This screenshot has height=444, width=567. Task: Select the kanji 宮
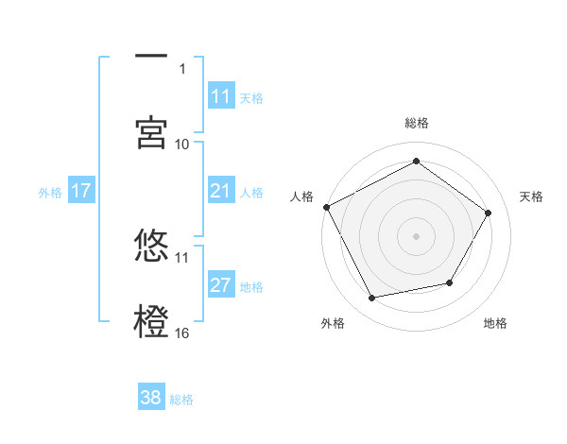point(151,131)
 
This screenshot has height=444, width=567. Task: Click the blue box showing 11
point(221,96)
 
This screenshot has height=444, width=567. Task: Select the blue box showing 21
point(221,191)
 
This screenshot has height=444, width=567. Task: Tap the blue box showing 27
point(221,285)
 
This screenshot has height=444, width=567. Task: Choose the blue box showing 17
point(81,191)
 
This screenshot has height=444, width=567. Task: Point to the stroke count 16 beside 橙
point(182,333)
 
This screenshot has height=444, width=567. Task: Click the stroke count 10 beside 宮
point(182,144)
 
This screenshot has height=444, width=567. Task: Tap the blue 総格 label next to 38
point(181,400)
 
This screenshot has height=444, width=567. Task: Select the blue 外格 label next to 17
point(50,193)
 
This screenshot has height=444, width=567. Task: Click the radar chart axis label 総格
point(417,123)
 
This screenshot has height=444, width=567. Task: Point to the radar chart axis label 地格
point(495,323)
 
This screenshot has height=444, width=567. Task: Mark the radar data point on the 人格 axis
point(326,207)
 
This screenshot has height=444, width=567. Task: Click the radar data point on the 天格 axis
point(489,213)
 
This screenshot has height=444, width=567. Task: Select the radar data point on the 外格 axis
point(372,299)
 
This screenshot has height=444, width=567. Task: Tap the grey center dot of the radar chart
point(417,235)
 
